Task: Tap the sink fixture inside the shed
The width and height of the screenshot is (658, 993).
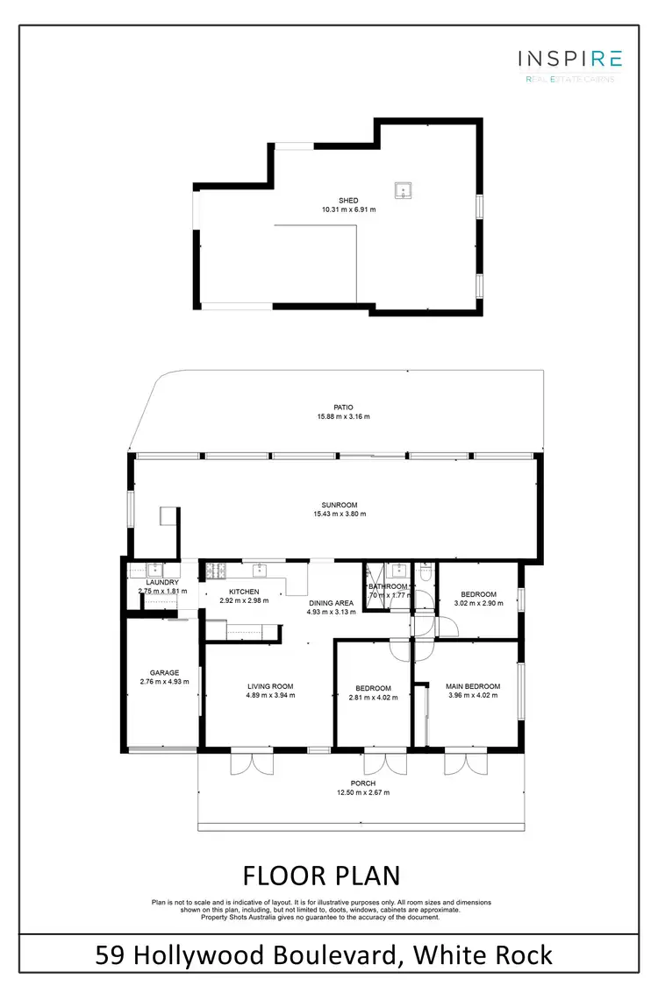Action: pos(404,190)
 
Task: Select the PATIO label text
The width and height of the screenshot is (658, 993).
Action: pos(343,407)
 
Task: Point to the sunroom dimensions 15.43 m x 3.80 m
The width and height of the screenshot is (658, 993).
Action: pos(341,514)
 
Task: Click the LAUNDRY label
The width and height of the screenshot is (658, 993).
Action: pos(162,582)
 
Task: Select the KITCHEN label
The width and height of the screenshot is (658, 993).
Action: pos(245,592)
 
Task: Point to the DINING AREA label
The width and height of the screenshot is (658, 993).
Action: pos(331,603)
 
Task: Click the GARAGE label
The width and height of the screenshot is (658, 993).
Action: pos(164,673)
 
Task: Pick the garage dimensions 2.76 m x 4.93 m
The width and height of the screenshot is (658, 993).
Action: pos(164,683)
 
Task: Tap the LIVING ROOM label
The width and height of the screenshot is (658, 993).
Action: pos(270,686)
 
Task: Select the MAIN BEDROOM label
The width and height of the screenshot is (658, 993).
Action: pos(473,686)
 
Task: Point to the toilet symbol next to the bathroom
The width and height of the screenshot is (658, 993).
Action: pos(425,572)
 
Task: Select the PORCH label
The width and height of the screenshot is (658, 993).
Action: pos(362,783)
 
